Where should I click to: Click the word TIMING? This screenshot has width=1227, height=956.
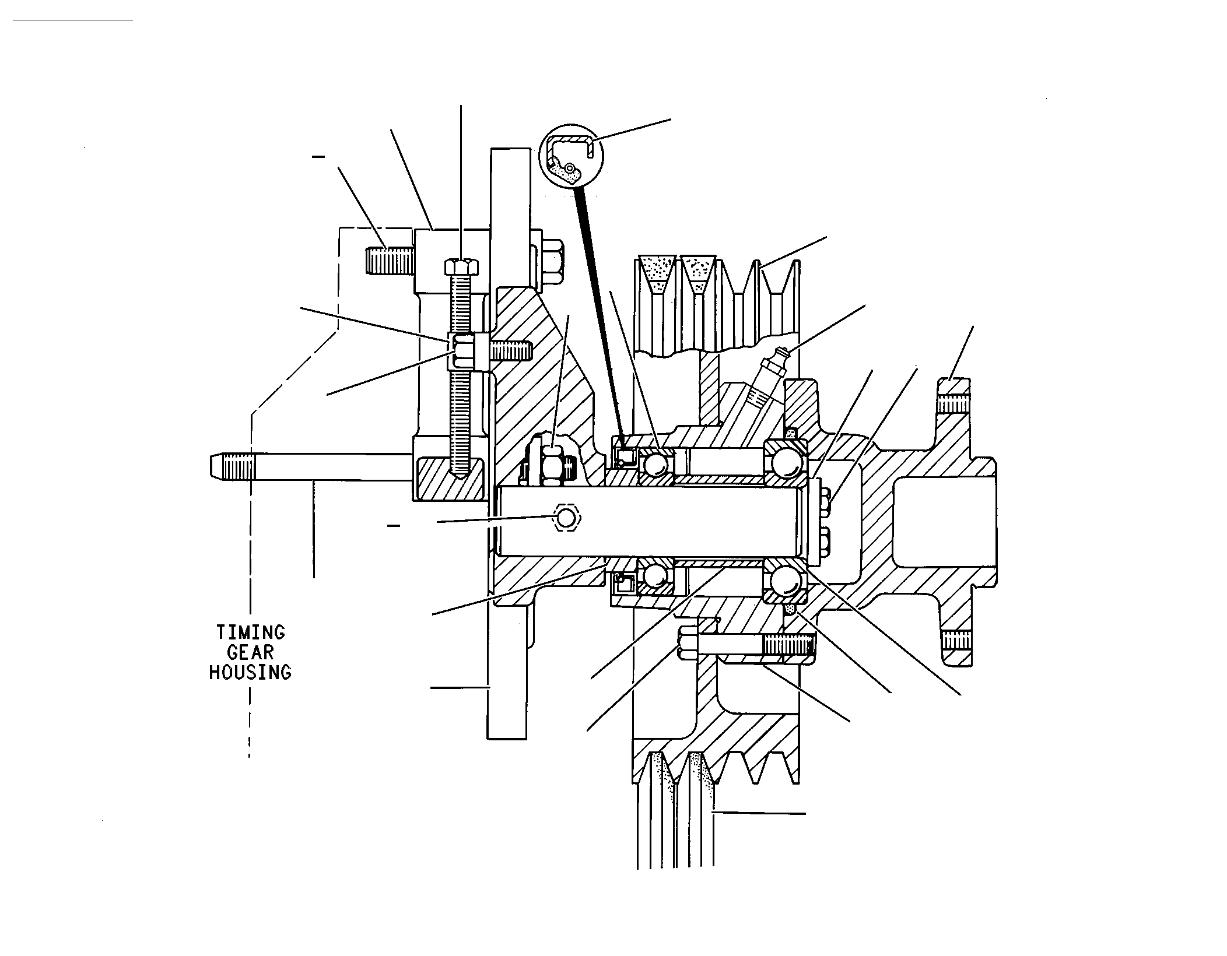coord(250,632)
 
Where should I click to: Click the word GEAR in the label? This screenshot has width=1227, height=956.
coord(250,652)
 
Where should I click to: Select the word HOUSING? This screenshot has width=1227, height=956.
coord(250,672)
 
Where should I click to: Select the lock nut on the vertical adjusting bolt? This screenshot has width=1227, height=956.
coord(461,352)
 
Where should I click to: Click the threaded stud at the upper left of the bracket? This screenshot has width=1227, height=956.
coord(390,261)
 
